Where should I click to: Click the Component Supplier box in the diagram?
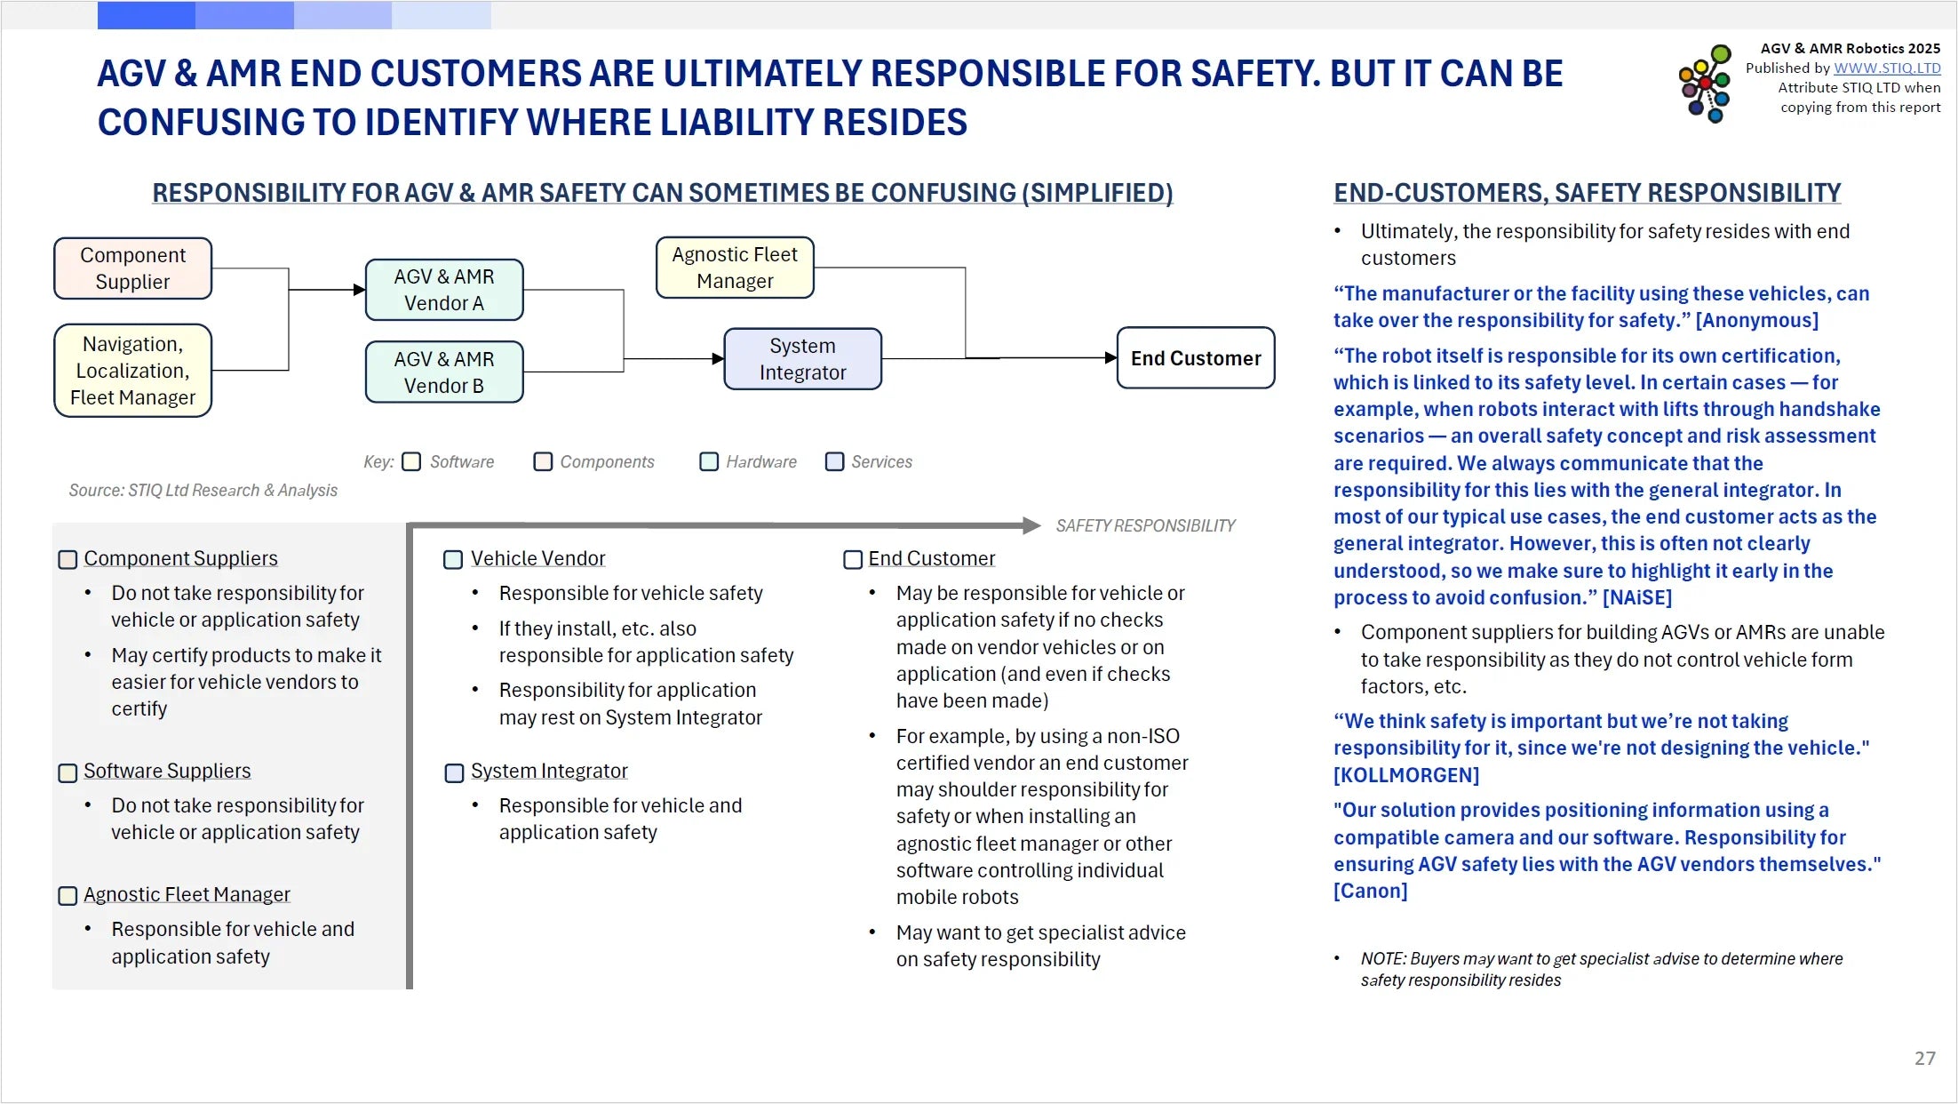[132, 268]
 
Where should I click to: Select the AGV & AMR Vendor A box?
[444, 290]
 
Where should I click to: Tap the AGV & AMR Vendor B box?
[444, 372]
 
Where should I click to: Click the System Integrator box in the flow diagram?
[802, 359]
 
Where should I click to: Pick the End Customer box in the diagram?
[1195, 358]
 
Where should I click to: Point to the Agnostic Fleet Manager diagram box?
[735, 268]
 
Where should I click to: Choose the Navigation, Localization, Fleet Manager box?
[132, 371]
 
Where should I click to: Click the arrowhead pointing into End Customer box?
[1110, 358]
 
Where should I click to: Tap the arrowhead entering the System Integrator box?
[718, 359]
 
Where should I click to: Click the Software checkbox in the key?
[411, 462]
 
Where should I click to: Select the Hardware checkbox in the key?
[709, 462]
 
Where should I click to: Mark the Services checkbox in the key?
[834, 462]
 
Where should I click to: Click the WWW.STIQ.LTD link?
[1887, 68]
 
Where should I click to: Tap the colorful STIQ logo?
[1705, 84]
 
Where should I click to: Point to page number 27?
[1924, 1059]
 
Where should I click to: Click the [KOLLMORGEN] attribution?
[1405, 775]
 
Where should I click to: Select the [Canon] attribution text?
[1370, 891]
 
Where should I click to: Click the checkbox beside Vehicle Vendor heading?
[453, 560]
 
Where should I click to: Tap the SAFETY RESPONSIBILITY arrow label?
[1145, 526]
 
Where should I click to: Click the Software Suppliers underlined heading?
[167, 771]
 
